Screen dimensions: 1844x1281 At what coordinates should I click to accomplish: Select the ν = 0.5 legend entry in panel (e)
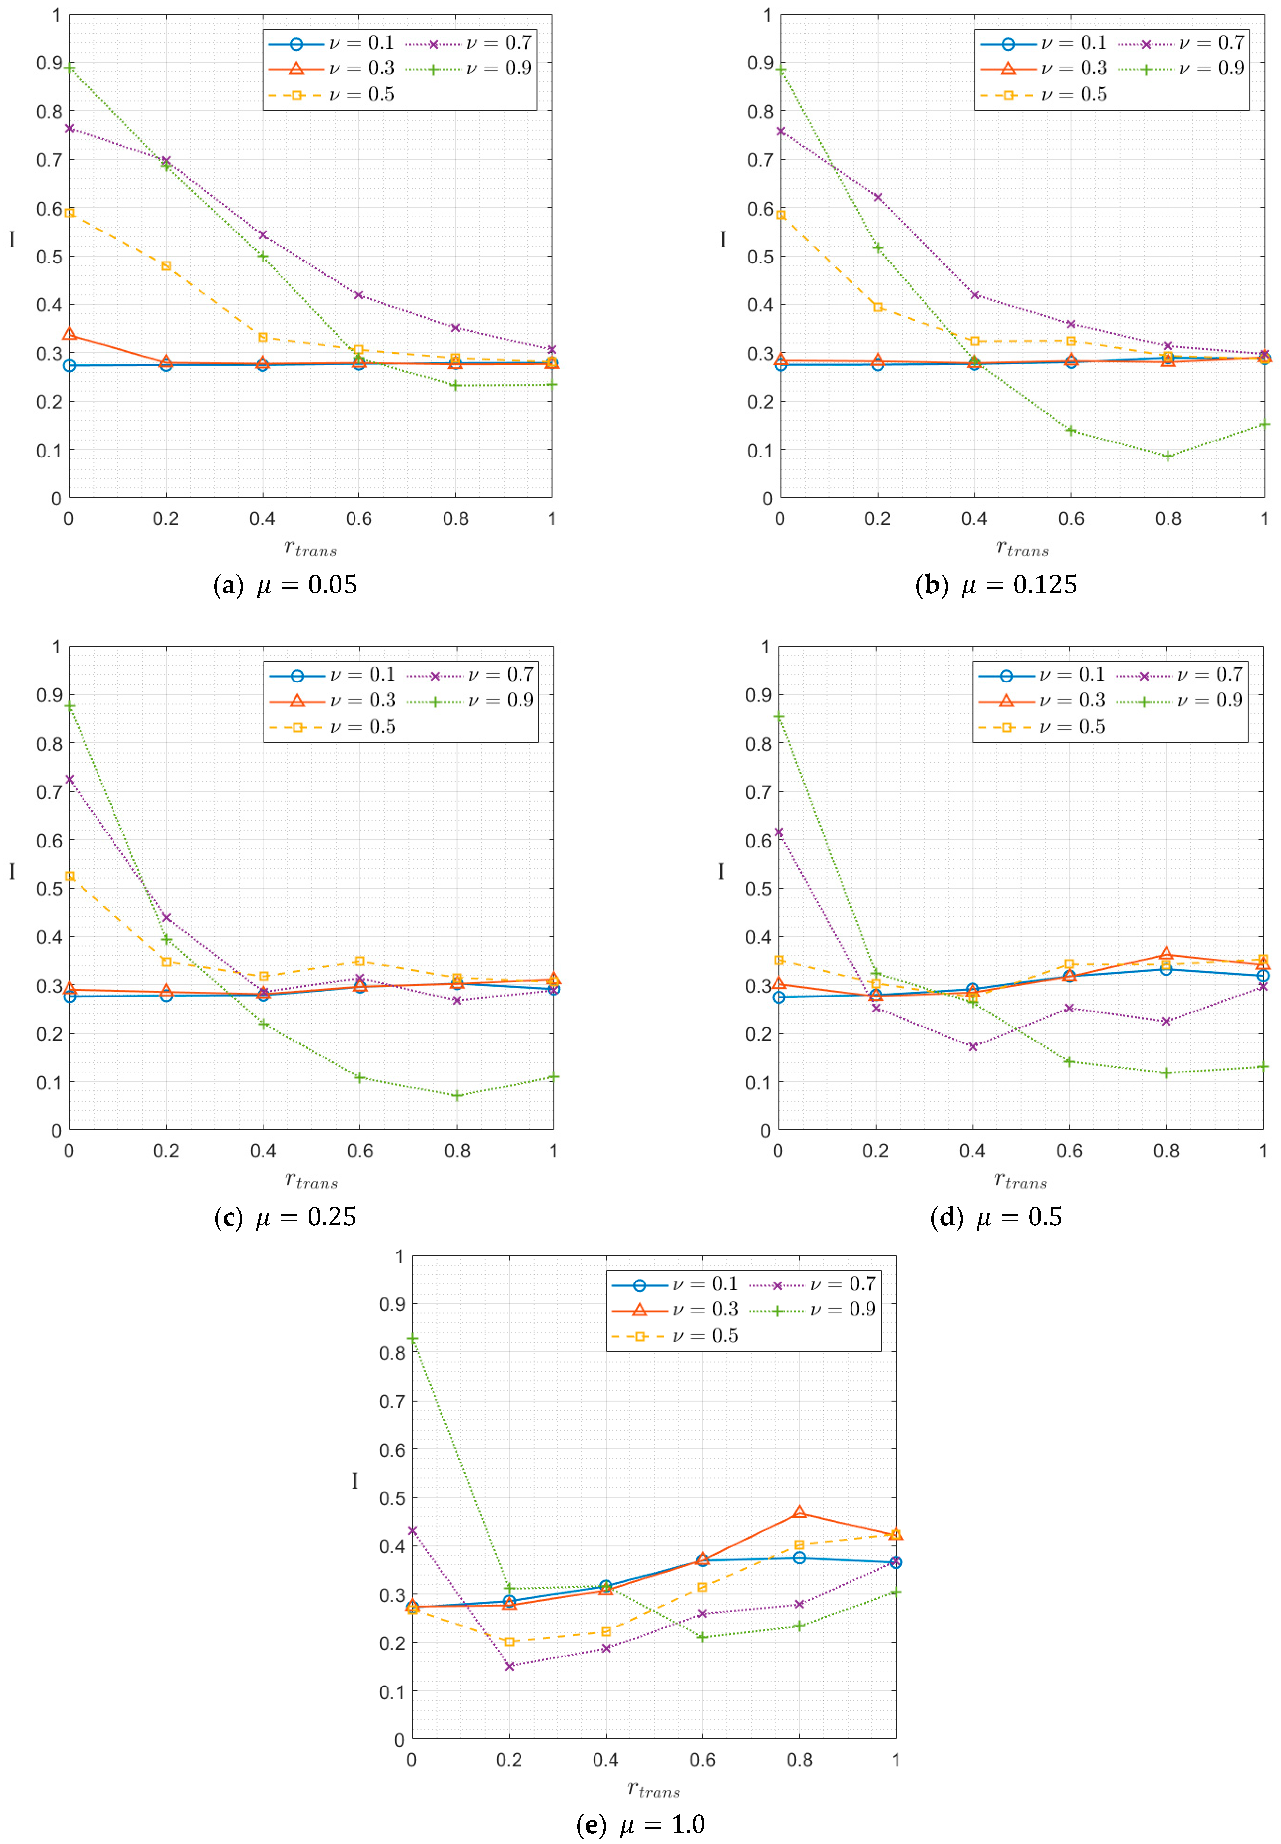coord(674,1336)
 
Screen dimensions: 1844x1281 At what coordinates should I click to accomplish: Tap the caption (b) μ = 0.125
coord(996,585)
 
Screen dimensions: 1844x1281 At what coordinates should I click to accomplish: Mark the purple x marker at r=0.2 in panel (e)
coord(509,1666)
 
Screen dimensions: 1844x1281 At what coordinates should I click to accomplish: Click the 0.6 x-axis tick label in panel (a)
coord(359,519)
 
